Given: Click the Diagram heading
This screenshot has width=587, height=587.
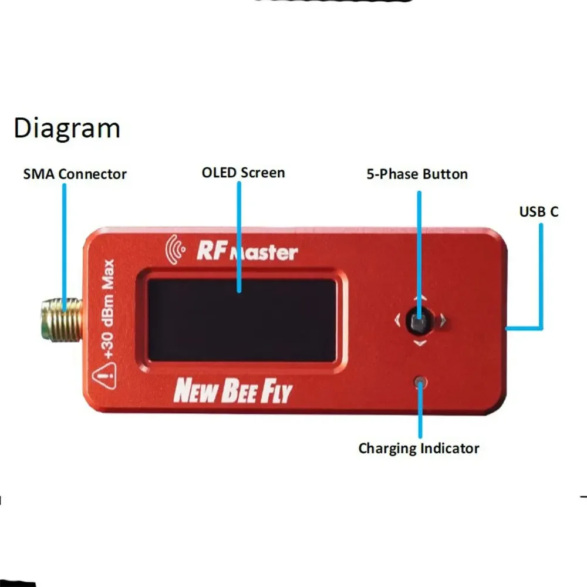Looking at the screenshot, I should pyautogui.click(x=66, y=129).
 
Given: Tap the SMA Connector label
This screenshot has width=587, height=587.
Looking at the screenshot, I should pyautogui.click(x=75, y=174).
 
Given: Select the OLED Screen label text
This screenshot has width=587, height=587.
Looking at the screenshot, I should pyautogui.click(x=243, y=173).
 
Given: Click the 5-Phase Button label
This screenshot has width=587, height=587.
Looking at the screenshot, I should pyautogui.click(x=417, y=174).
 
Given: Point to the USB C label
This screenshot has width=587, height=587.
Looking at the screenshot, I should pyautogui.click(x=538, y=212).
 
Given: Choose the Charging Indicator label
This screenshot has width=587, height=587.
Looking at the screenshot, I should pyautogui.click(x=419, y=448).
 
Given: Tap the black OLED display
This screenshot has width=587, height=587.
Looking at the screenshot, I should pyautogui.click(x=241, y=320).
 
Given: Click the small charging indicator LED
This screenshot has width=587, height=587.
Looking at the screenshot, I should pyautogui.click(x=420, y=383).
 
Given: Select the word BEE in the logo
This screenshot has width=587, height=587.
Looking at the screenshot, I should pyautogui.click(x=238, y=392).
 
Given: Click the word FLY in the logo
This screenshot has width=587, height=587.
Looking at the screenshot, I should pyautogui.click(x=275, y=392).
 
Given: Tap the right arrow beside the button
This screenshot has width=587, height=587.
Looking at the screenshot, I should pyautogui.click(x=443, y=321).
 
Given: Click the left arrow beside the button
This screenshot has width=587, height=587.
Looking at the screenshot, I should pyautogui.click(x=397, y=321).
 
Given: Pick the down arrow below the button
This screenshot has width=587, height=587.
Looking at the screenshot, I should pyautogui.click(x=420, y=342).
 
